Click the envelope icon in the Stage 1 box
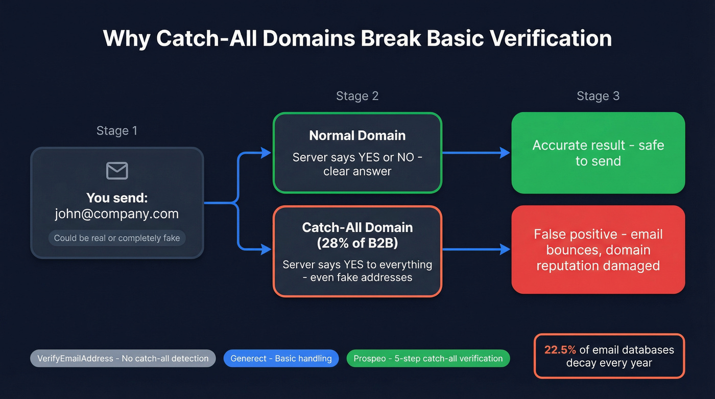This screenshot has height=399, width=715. click(117, 171)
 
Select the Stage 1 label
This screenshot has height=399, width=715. click(117, 131)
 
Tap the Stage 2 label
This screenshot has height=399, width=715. click(357, 96)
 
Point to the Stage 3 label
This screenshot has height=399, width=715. click(598, 96)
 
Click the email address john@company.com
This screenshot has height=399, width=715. click(117, 214)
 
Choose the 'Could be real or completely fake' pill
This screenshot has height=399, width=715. click(117, 238)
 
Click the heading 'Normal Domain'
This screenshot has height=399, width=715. click(357, 135)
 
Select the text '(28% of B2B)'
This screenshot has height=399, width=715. click(357, 243)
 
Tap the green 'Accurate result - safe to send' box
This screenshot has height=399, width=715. click(598, 153)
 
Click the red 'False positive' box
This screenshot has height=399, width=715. click(598, 250)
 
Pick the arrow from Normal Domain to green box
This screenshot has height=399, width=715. click(476, 153)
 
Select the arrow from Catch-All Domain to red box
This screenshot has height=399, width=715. click(476, 249)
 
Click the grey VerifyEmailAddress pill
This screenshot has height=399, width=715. click(123, 359)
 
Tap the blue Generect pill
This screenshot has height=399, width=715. click(281, 359)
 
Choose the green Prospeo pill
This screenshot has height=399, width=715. click(428, 359)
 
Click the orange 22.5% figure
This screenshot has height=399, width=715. click(560, 350)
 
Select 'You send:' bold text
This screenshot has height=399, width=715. click(117, 198)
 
